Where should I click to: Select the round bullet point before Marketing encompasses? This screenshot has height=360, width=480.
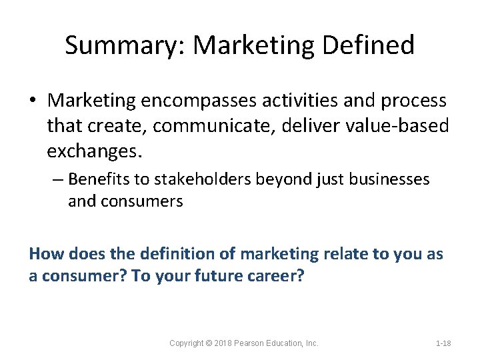[x=34, y=101]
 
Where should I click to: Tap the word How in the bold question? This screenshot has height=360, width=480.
[x=45, y=253]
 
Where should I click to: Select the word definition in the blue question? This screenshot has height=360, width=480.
[x=174, y=253]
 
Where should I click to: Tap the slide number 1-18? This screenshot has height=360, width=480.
[x=443, y=343]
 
